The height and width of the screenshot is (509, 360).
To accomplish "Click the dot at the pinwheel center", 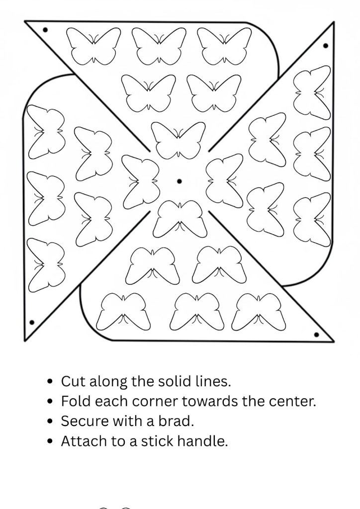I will click(179, 181).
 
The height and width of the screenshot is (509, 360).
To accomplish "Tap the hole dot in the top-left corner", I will click(45, 30).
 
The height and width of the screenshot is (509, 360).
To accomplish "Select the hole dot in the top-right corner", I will click(326, 46).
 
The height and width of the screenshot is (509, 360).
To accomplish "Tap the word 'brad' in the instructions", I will click(179, 422).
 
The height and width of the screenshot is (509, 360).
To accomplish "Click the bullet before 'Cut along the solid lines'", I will click(49, 382).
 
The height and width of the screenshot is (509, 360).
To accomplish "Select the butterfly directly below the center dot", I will click(180, 219).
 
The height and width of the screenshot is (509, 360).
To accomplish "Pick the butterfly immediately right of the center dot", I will click(221, 181).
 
